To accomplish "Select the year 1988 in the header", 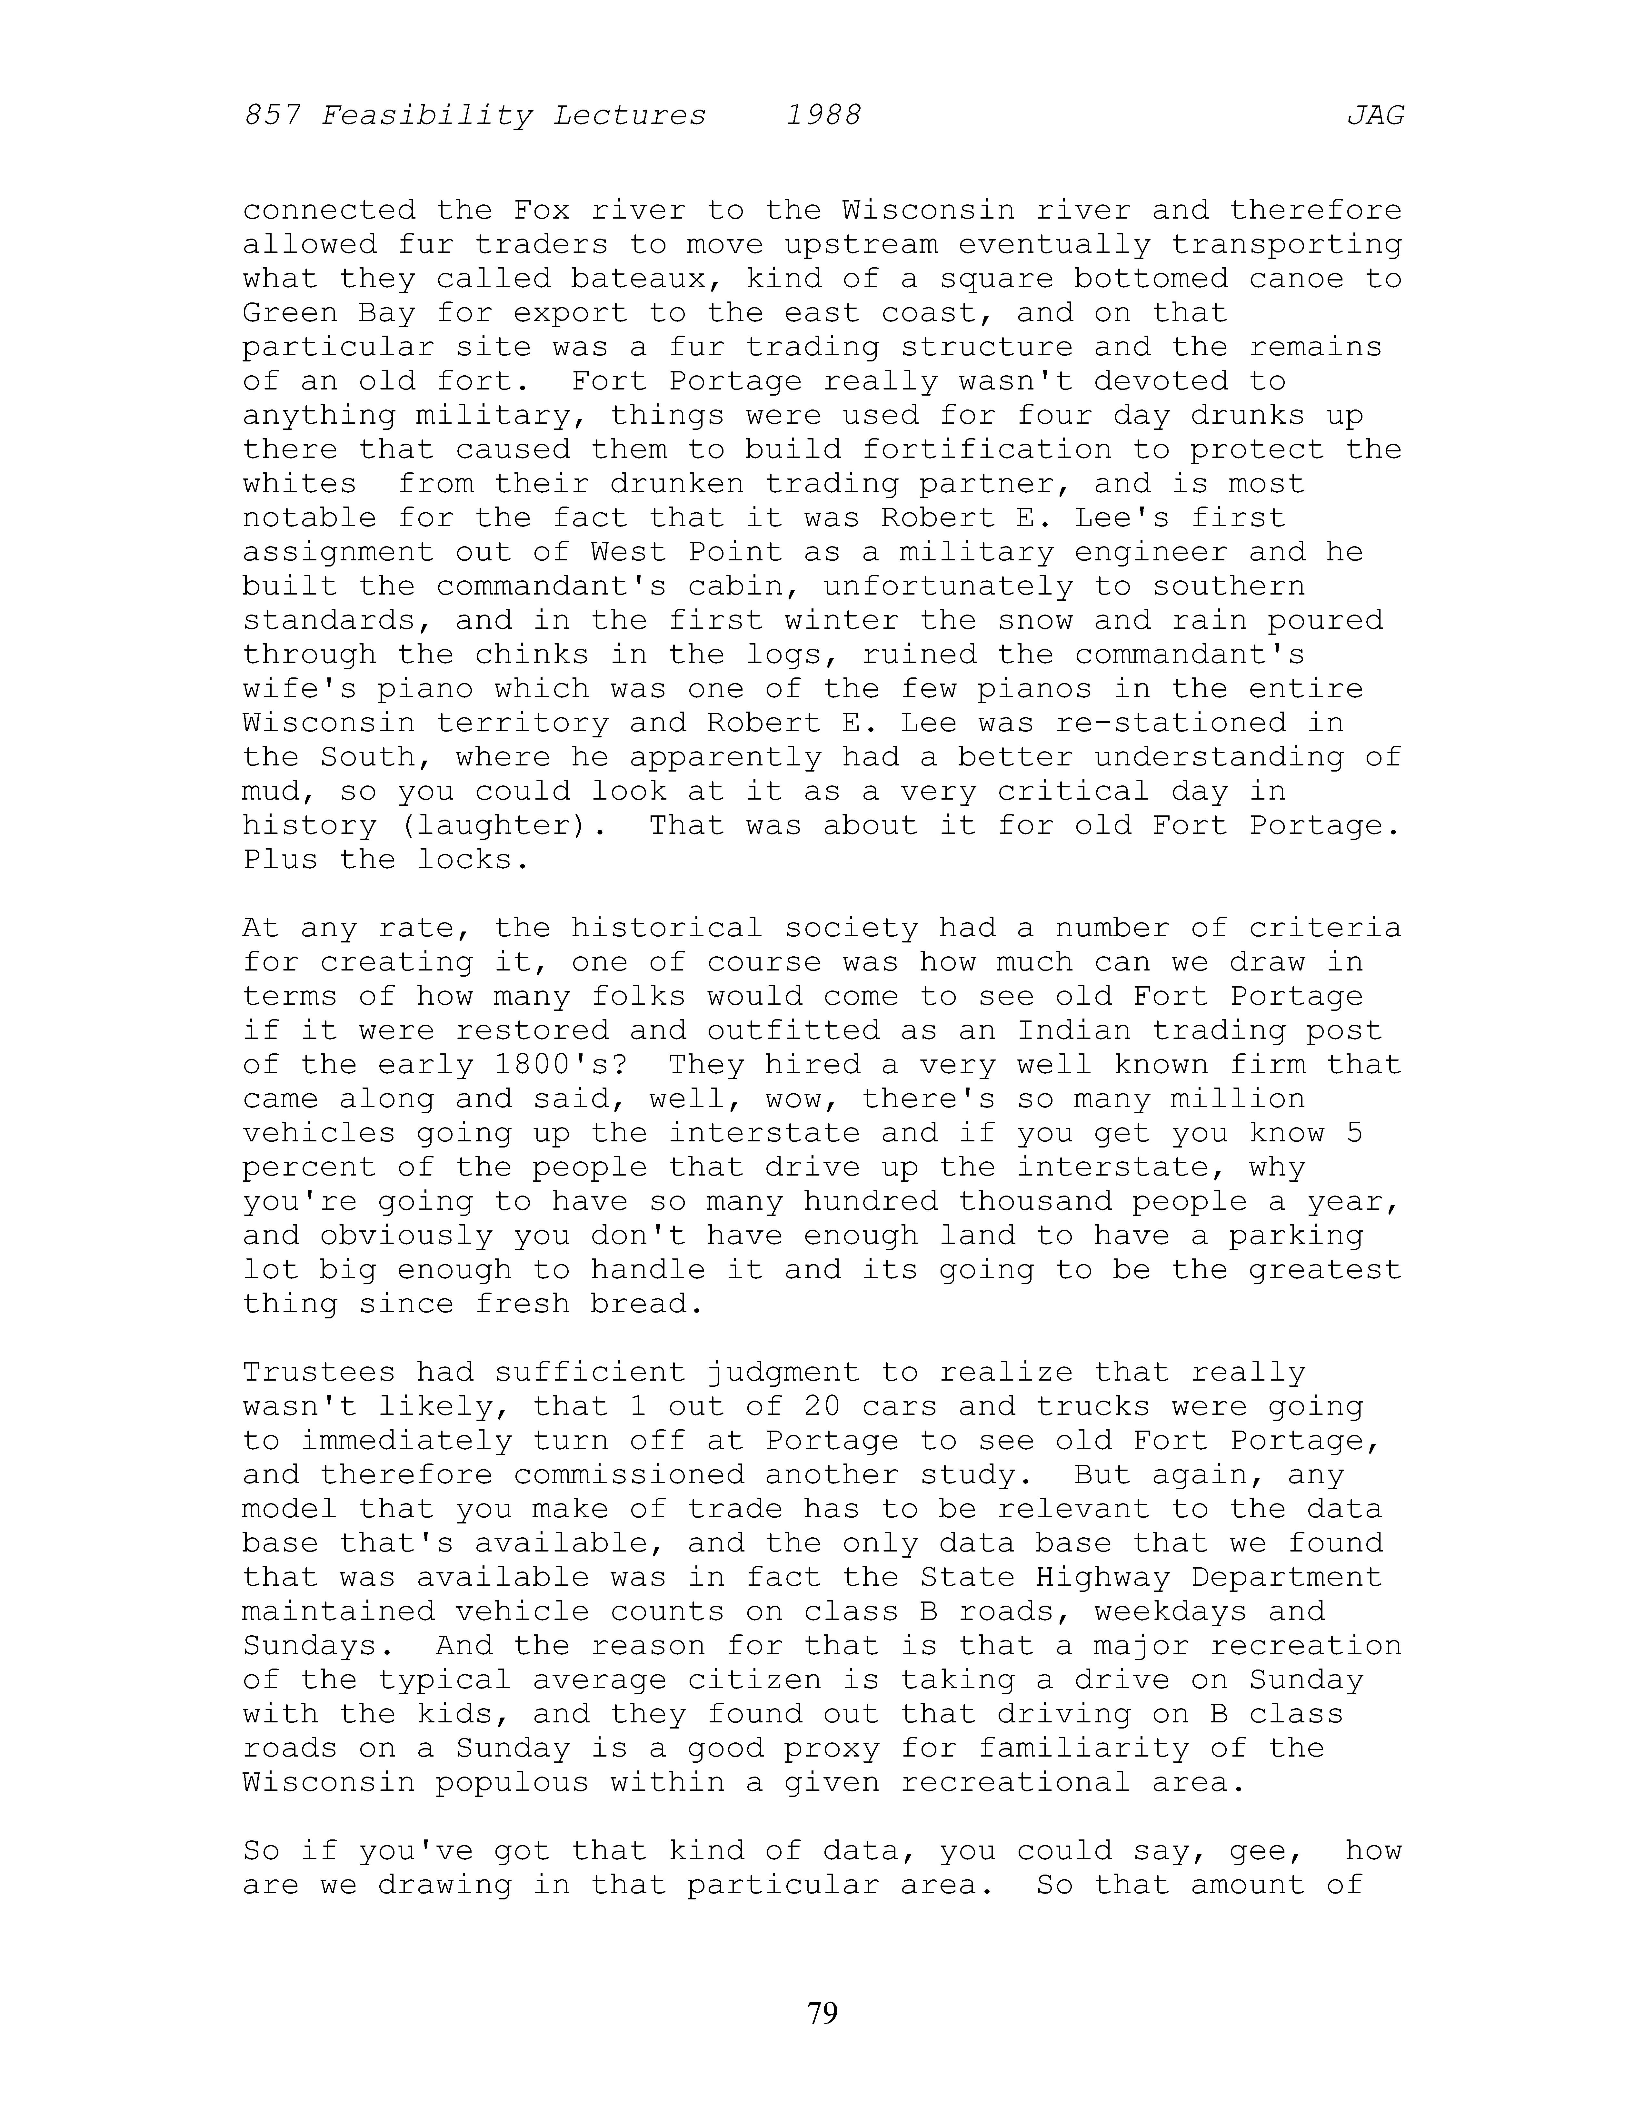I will tap(823, 116).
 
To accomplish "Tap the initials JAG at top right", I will tap(1375, 116).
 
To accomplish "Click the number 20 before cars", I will tap(823, 1407).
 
